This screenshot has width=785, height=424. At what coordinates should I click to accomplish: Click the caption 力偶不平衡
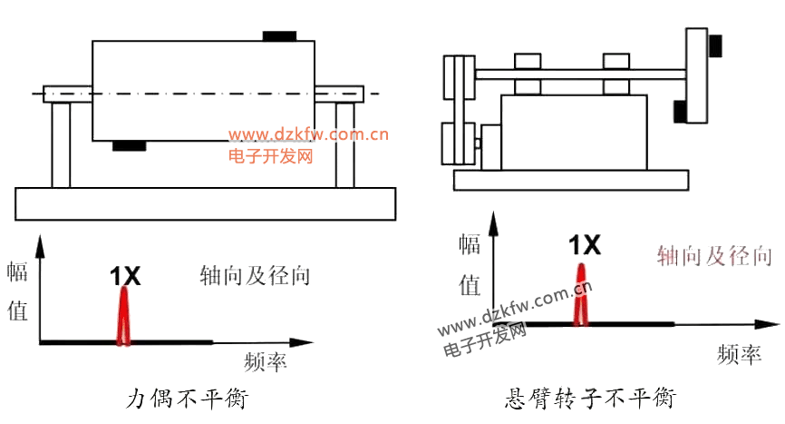tap(188, 399)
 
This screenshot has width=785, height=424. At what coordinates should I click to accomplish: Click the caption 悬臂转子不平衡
tap(590, 399)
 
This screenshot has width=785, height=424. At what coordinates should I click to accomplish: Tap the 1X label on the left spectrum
tap(125, 276)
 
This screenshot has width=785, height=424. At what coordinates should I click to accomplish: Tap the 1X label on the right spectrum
tap(584, 244)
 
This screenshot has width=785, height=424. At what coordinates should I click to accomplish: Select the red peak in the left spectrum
tap(124, 320)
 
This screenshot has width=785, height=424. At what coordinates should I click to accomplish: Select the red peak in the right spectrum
tap(581, 297)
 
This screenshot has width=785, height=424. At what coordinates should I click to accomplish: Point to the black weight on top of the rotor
tap(279, 36)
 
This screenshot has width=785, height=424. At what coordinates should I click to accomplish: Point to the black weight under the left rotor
tap(129, 145)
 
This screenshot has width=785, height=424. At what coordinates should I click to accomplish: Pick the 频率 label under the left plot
tap(266, 363)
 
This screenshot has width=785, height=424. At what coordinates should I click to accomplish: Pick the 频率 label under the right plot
tap(736, 352)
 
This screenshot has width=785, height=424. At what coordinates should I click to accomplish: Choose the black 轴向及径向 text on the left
tap(256, 275)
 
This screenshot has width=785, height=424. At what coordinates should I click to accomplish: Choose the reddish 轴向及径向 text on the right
tap(714, 255)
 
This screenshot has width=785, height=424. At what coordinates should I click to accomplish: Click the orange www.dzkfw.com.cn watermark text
tap(308, 136)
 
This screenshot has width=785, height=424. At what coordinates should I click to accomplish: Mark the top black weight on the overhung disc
tap(715, 44)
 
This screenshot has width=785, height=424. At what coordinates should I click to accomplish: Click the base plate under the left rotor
tap(205, 202)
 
